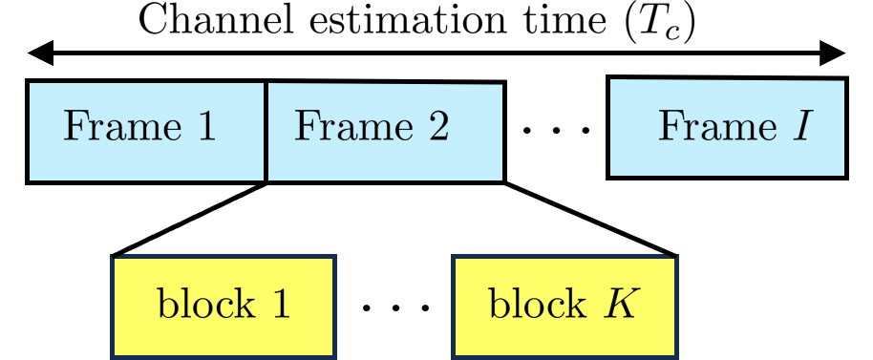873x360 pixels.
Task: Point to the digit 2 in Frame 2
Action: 437,127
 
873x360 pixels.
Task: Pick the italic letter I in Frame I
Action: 801,127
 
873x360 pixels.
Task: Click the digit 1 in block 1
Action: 280,305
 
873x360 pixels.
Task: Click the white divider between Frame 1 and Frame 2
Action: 266,132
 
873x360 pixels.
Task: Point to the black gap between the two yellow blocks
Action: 394,306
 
